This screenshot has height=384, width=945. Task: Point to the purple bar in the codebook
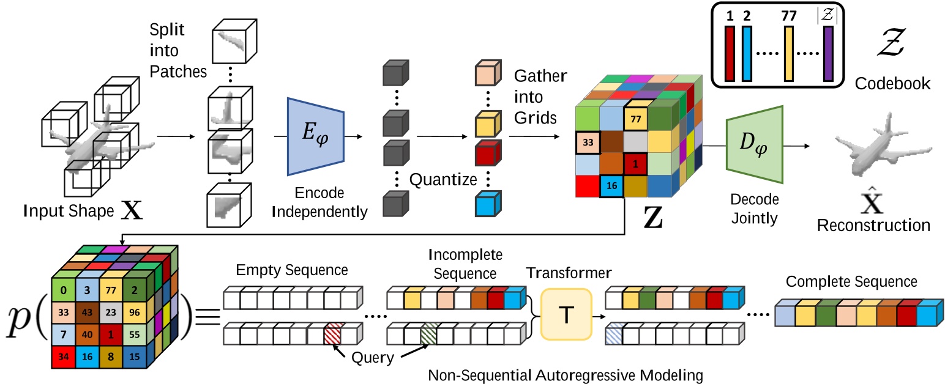pyautogui.click(x=828, y=55)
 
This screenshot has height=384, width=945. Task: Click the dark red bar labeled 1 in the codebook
pyautogui.click(x=729, y=55)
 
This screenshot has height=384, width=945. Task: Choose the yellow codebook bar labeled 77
pyautogui.click(x=790, y=55)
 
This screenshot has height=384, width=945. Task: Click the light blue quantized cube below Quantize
pyautogui.click(x=487, y=204)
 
